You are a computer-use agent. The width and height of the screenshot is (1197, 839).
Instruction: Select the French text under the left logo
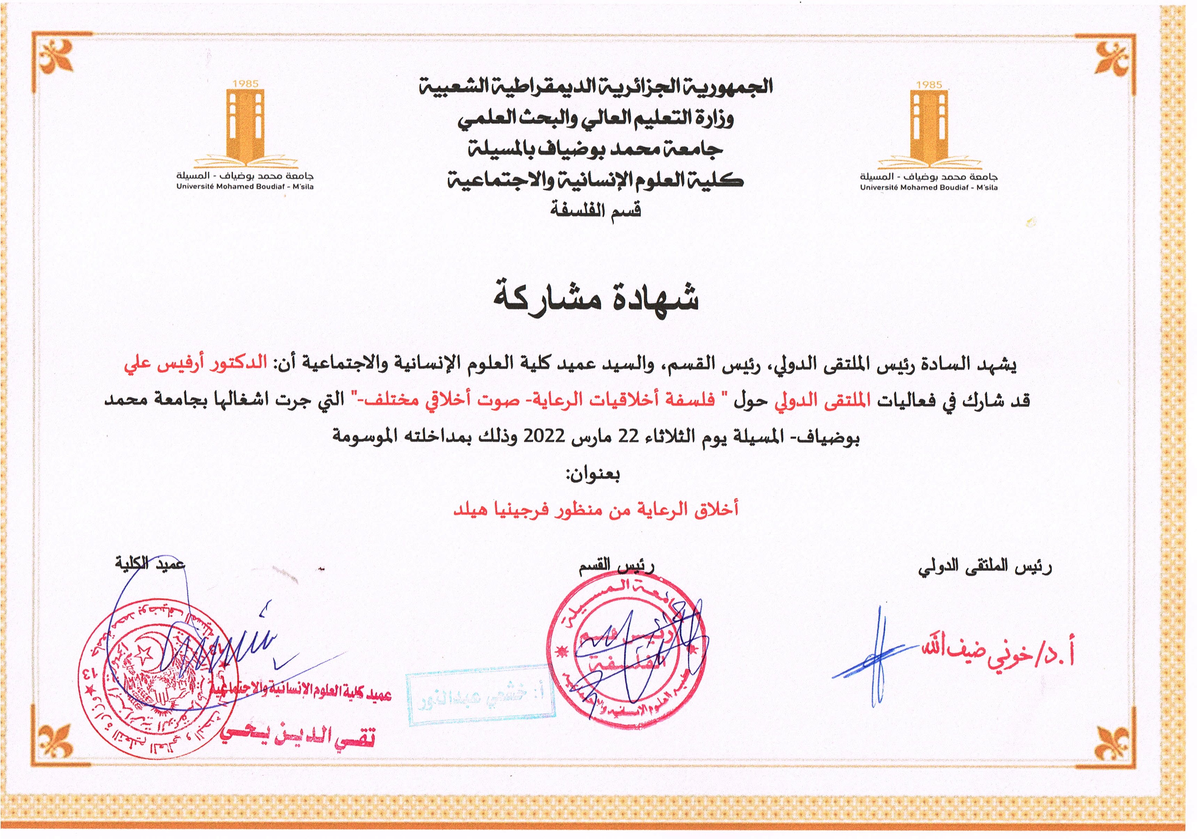(245, 187)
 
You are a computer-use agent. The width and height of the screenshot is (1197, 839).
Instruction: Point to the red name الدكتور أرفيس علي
(195, 364)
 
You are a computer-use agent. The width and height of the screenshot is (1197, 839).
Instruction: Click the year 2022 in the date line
(544, 435)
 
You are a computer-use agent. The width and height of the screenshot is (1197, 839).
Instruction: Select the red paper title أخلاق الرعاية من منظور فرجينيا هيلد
(596, 509)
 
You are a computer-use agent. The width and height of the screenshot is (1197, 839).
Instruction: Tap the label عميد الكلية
(150, 564)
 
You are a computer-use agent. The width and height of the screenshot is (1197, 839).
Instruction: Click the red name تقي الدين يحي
(297, 735)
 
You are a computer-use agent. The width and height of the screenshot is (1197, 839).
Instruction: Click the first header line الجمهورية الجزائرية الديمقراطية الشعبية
(596, 86)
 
